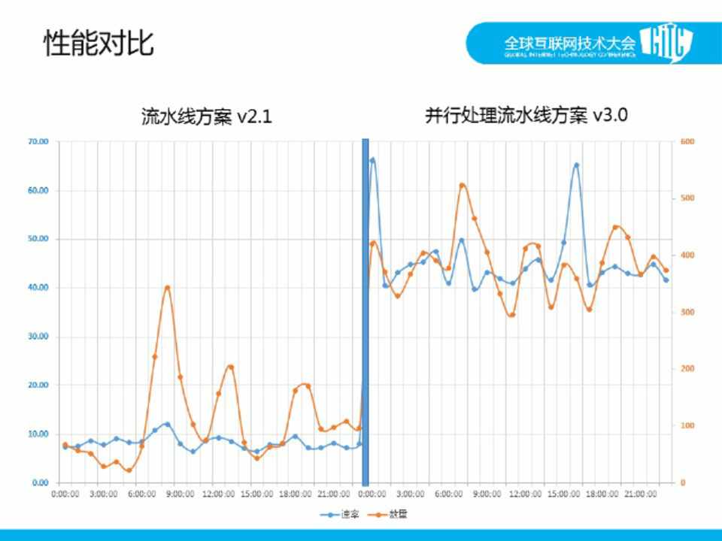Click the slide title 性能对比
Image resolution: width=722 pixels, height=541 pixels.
click(x=99, y=43)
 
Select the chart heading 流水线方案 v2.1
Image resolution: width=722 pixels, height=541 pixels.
click(x=206, y=117)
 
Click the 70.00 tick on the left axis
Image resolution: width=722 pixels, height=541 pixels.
click(x=38, y=141)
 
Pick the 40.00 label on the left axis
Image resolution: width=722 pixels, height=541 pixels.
click(x=38, y=288)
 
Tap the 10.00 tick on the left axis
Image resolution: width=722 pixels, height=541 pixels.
click(x=38, y=434)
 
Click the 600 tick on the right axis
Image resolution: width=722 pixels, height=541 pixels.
click(x=688, y=141)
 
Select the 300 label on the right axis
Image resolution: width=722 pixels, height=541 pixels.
click(x=688, y=312)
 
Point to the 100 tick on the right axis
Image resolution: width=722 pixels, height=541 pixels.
click(x=688, y=426)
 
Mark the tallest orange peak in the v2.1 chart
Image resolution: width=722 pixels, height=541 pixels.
click(x=168, y=287)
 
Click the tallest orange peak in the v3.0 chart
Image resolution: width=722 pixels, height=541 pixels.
click(x=463, y=185)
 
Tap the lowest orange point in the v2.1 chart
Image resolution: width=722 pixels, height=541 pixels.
click(x=129, y=470)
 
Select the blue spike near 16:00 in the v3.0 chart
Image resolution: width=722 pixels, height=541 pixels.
click(x=576, y=165)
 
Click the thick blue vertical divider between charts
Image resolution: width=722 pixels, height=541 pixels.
click(x=366, y=312)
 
